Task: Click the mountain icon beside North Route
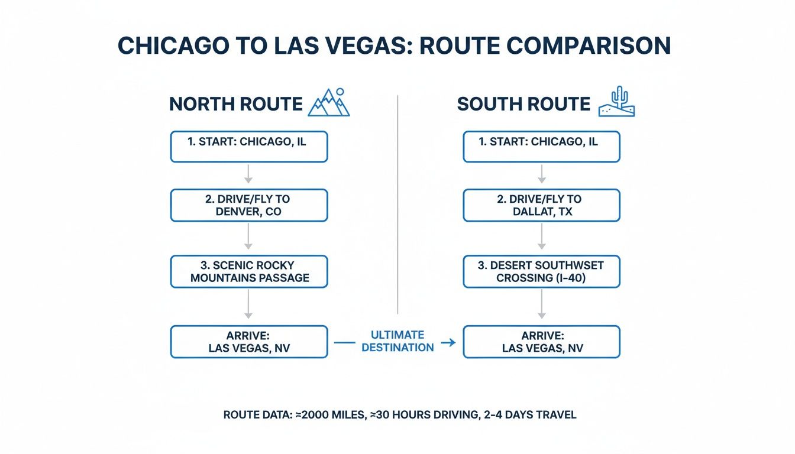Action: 329,103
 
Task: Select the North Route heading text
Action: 235,105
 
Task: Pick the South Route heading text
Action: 523,105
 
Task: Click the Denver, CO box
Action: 248,205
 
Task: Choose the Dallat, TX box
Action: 541,205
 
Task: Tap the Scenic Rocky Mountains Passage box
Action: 248,271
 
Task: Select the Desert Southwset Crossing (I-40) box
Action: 541,271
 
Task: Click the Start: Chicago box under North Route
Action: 248,146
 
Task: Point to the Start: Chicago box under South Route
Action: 541,146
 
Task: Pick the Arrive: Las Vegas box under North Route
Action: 248,342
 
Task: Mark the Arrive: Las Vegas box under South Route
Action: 541,342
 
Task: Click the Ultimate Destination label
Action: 397,342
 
